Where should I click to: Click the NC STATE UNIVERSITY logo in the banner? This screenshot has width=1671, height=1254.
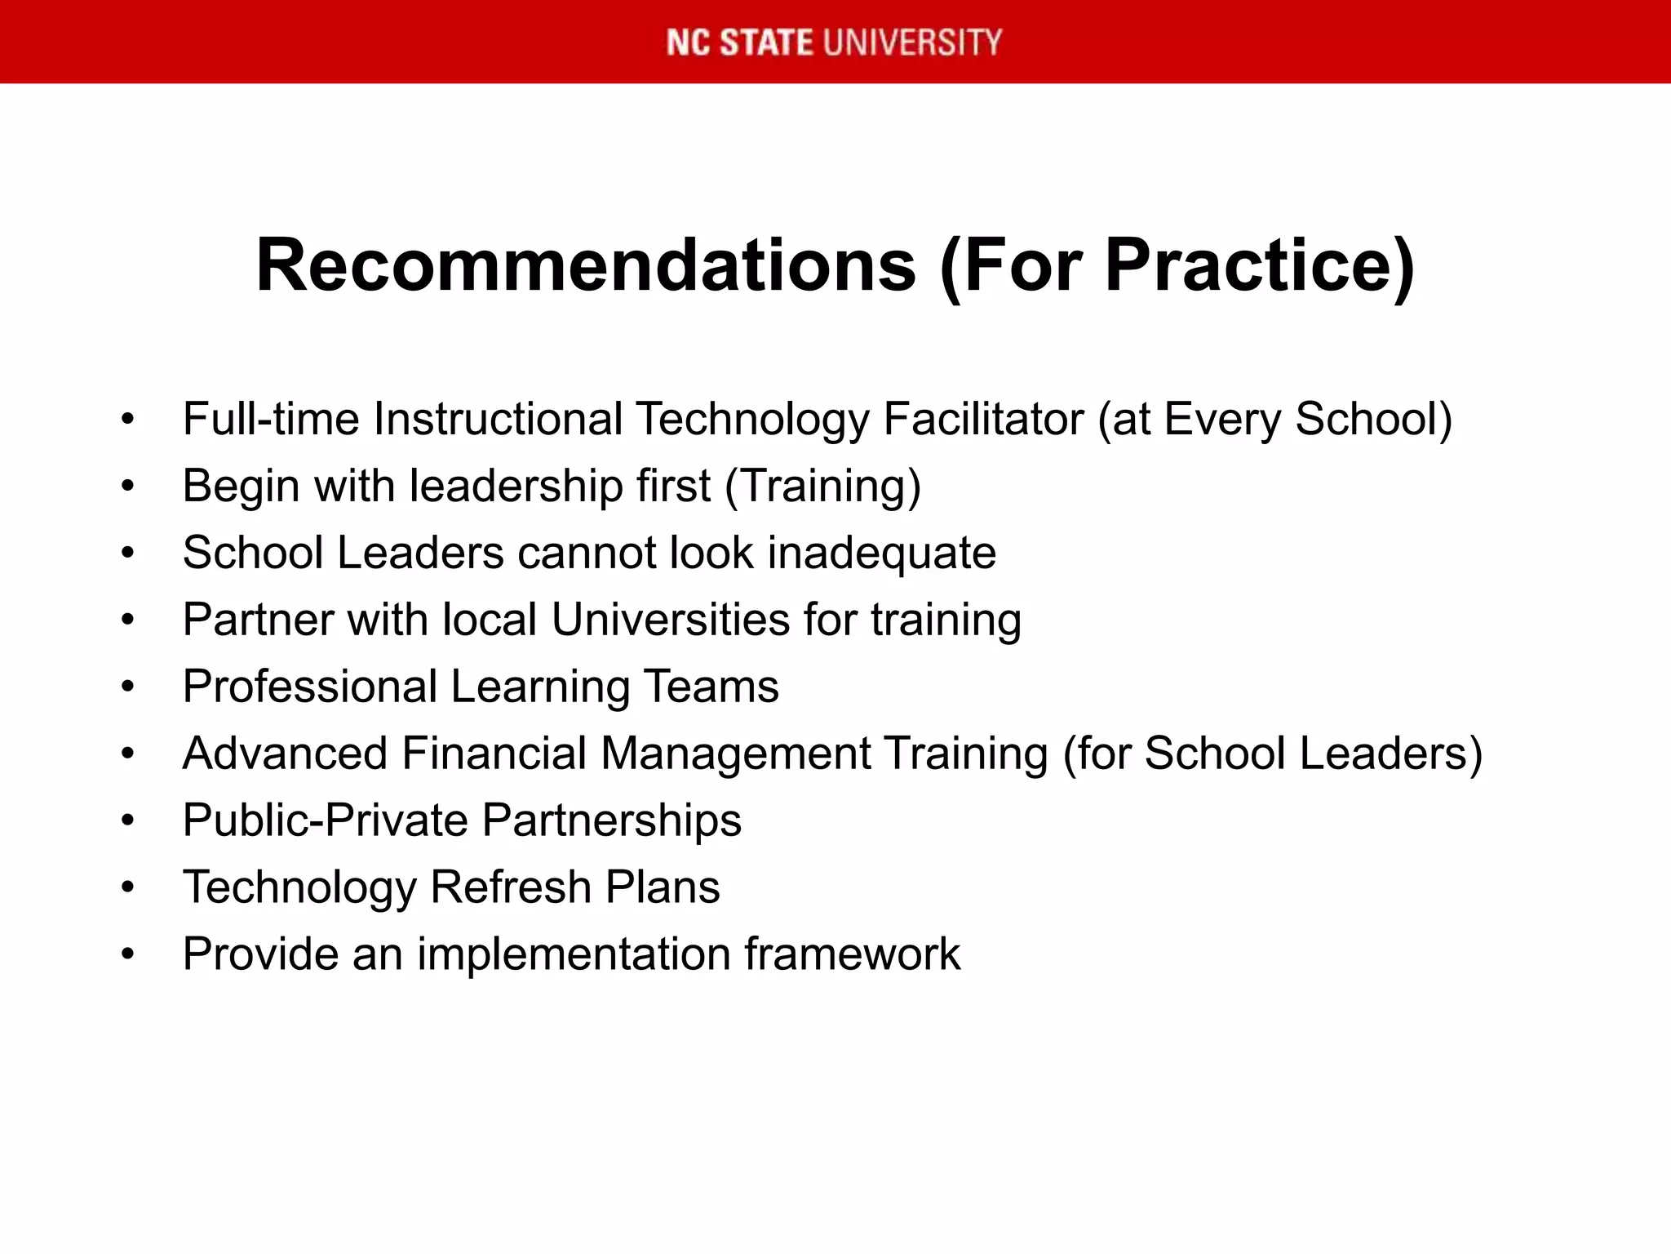pos(834,42)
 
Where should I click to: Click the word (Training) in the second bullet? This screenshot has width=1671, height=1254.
pos(822,487)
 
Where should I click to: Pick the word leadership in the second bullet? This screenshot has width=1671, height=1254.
pos(516,486)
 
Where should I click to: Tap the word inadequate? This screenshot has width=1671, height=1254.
pos(881,554)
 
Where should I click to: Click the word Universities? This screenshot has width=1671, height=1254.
pos(670,620)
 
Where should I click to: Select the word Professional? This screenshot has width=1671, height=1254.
pos(310,687)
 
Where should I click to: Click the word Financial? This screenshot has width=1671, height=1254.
pos(494,754)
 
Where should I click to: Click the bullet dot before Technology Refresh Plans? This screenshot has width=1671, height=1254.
pos(127,887)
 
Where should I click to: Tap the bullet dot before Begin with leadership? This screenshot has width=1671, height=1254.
pos(127,487)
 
